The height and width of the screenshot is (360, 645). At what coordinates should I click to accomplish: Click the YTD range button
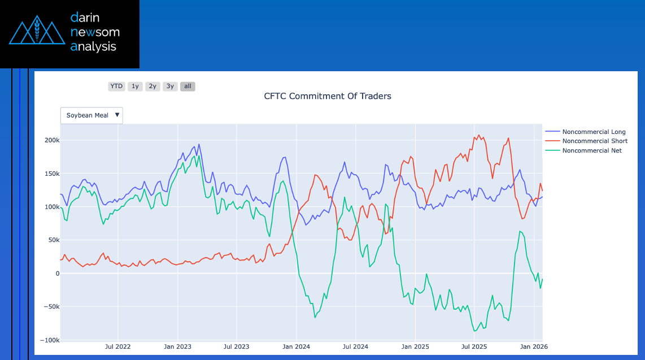tap(116, 86)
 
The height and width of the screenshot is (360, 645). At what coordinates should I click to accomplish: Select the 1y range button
tap(135, 86)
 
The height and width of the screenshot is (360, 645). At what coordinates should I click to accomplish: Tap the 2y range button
tap(152, 86)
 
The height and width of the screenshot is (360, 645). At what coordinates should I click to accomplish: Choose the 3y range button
tap(170, 86)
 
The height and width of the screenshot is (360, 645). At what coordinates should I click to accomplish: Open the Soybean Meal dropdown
tap(91, 115)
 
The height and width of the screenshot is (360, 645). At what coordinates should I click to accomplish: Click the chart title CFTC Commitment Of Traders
tap(328, 96)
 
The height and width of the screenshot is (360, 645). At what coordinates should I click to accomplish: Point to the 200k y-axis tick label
tap(53, 140)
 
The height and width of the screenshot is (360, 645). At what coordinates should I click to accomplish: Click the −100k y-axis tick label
tap(50, 340)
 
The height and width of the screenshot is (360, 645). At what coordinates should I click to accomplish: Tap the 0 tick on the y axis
tap(57, 274)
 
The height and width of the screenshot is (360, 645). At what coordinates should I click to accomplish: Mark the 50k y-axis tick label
tap(54, 240)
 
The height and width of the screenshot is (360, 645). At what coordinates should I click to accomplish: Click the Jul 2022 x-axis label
tap(118, 346)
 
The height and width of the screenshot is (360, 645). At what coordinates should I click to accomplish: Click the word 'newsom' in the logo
tap(95, 32)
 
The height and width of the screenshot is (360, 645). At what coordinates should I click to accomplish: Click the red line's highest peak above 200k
tap(479, 135)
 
